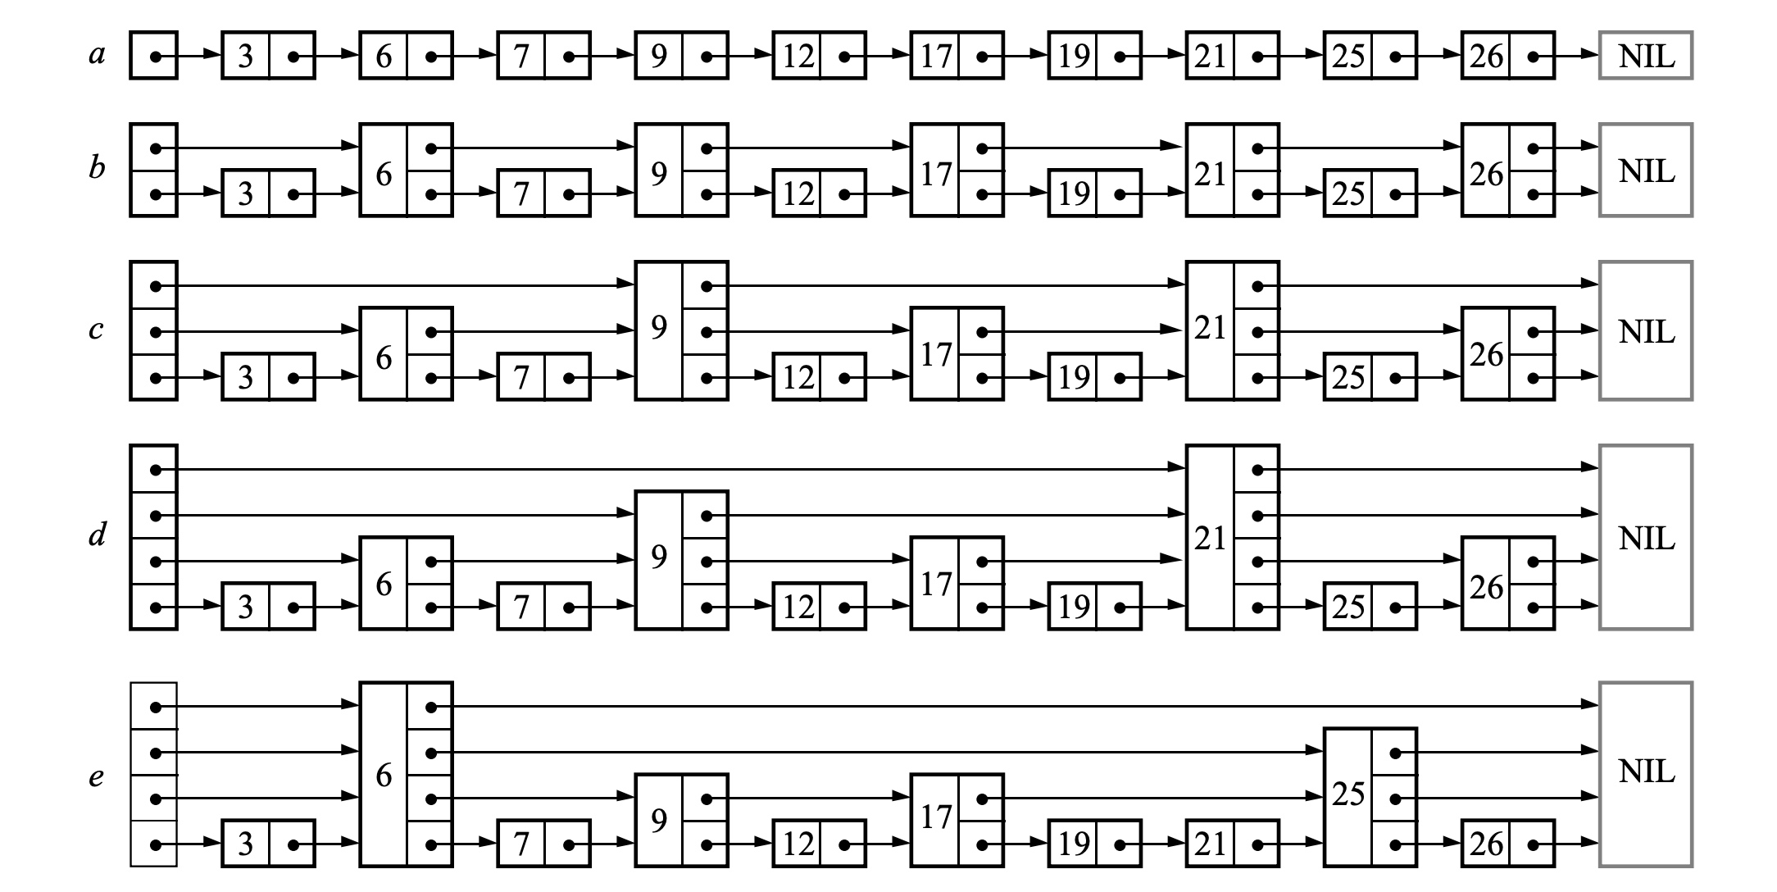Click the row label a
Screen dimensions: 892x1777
click(98, 56)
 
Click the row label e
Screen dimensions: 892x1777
click(96, 776)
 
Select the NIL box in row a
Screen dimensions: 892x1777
click(1645, 56)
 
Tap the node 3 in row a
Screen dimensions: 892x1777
click(268, 57)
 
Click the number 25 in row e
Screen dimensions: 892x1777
click(1348, 794)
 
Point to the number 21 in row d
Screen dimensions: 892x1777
click(1210, 539)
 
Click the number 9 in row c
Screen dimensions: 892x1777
click(659, 328)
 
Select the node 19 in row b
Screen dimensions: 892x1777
click(1094, 193)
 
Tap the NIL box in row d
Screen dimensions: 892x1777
click(1645, 538)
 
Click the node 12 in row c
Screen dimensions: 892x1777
click(819, 377)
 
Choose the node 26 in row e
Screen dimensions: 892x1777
click(1507, 844)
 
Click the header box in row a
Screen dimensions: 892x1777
click(154, 57)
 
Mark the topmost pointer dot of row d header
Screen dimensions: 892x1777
click(155, 470)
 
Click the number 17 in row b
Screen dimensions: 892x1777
click(935, 174)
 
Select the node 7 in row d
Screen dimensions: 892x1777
click(543, 607)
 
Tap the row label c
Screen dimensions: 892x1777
click(96, 330)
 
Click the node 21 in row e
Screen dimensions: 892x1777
click(1232, 844)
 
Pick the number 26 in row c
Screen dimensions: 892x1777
click(1485, 355)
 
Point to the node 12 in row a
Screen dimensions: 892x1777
click(819, 57)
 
